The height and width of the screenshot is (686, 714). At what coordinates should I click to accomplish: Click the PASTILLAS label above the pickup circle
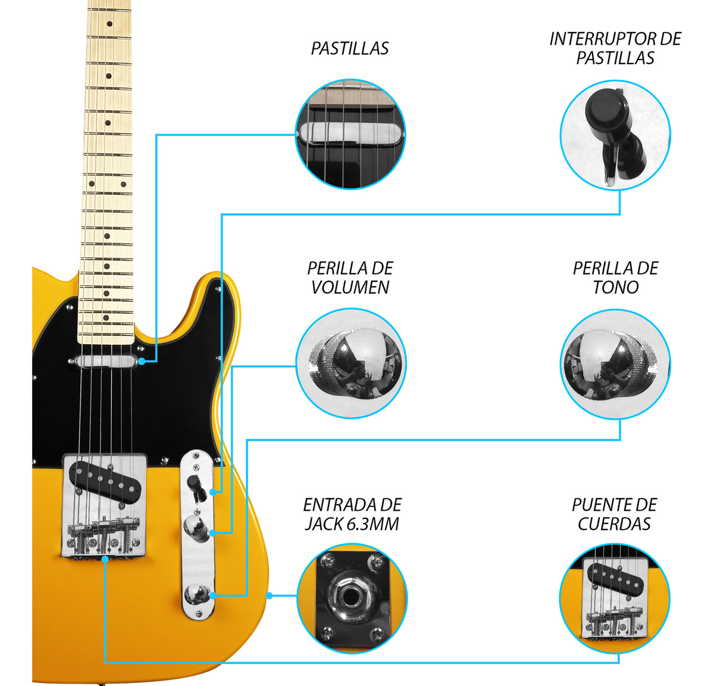[349, 48]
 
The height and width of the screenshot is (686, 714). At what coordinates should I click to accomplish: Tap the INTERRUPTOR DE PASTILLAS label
[615, 48]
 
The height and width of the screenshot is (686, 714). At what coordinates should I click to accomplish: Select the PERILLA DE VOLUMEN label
[350, 278]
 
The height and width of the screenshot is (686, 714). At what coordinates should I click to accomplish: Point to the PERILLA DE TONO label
[615, 278]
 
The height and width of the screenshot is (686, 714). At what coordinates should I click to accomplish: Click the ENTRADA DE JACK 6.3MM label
[352, 514]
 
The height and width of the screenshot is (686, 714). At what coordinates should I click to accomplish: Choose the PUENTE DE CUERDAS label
[614, 514]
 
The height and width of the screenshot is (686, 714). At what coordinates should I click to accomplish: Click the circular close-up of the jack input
[352, 598]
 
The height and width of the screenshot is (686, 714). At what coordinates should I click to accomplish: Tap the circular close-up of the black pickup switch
[615, 135]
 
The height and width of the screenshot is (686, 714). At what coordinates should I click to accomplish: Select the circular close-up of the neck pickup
[350, 134]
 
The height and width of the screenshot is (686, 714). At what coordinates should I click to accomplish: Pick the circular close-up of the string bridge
[615, 598]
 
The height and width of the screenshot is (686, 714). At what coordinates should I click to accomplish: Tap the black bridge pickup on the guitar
[105, 480]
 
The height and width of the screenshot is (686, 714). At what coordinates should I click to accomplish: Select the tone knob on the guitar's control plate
[196, 594]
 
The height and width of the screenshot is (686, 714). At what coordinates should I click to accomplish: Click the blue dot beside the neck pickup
[142, 361]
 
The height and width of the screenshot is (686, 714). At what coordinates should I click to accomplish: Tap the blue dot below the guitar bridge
[105, 559]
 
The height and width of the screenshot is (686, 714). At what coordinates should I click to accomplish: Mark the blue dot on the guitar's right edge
[270, 596]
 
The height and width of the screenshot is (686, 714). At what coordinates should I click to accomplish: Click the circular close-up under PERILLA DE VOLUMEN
[350, 363]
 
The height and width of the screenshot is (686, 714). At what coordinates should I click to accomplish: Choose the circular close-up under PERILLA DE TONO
[615, 364]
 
